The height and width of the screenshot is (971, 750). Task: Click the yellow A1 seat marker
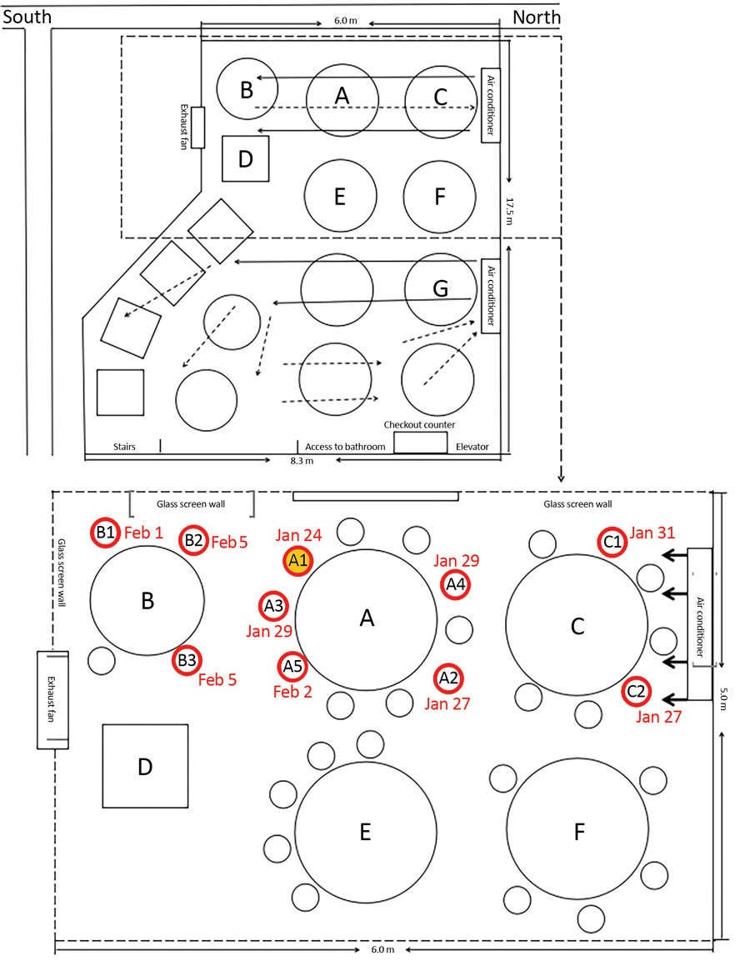point(297,561)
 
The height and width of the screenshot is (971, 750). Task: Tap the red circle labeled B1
point(105,533)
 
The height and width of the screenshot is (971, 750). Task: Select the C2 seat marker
point(636,690)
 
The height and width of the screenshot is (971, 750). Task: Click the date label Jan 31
point(652,532)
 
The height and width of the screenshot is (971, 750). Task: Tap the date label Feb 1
point(145,532)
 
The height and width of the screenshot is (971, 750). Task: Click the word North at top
point(536,17)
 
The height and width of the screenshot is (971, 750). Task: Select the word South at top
point(27,17)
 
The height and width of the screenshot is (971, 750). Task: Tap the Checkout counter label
point(419,425)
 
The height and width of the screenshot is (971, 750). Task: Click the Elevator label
point(472,447)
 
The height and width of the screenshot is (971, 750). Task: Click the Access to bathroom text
point(345,447)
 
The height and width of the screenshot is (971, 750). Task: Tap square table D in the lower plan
point(145,766)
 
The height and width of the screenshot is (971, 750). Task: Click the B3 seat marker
point(187,661)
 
